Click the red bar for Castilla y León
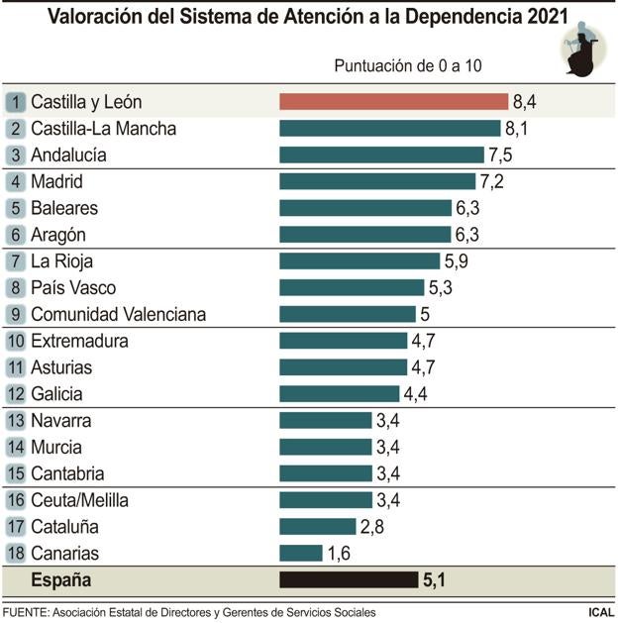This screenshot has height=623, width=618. pyautogui.click(x=393, y=101)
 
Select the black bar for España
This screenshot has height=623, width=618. pyautogui.click(x=349, y=579)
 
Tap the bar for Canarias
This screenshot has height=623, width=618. pyautogui.click(x=301, y=553)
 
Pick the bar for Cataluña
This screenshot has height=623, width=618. pyautogui.click(x=317, y=526)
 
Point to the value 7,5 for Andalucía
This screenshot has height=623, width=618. pyautogui.click(x=500, y=155)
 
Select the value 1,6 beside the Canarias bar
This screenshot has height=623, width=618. pyautogui.click(x=339, y=553)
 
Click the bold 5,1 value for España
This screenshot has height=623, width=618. pyautogui.click(x=435, y=579)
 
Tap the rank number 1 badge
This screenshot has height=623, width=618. pyautogui.click(x=16, y=101)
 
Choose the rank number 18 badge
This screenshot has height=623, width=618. pyautogui.click(x=16, y=553)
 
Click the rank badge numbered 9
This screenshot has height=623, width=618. pyautogui.click(x=16, y=314)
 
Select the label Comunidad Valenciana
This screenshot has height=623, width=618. pyautogui.click(x=118, y=314)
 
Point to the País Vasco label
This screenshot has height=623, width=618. pyautogui.click(x=73, y=287)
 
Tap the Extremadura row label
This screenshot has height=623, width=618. pyautogui.click(x=79, y=341)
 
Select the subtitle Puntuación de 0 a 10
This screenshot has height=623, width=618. pyautogui.click(x=407, y=66)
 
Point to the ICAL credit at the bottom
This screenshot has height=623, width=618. pyautogui.click(x=598, y=612)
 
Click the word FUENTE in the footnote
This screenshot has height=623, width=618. pyautogui.click(x=27, y=612)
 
